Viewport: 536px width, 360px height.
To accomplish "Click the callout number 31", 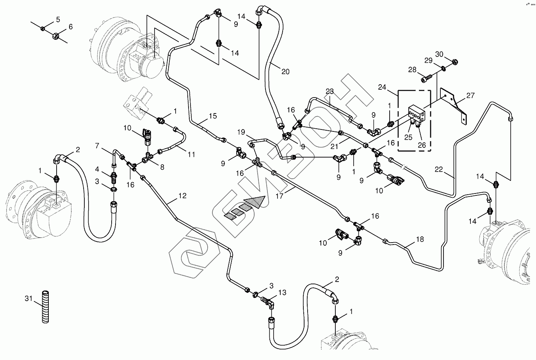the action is (x=28, y=298).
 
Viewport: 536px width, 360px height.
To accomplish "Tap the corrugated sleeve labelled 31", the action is (x=45, y=307).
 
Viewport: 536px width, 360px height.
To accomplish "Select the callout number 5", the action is (x=58, y=20).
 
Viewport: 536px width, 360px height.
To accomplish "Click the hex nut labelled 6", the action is (x=56, y=36).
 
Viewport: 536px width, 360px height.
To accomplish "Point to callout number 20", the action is (x=285, y=71).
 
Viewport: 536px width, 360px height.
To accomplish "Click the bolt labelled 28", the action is (x=426, y=78).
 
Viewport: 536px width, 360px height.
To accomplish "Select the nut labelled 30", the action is (x=455, y=62).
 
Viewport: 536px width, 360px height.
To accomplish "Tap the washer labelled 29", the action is (x=443, y=69).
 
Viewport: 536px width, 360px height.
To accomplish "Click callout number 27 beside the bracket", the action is (x=470, y=96).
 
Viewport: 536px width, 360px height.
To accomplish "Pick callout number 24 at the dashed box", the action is (x=382, y=87).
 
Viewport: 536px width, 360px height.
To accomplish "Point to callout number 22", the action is (x=439, y=170).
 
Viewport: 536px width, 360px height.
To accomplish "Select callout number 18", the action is (x=420, y=239).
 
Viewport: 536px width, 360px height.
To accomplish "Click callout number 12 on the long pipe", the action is (x=182, y=196).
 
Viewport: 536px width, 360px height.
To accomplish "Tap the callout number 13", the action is (x=282, y=293).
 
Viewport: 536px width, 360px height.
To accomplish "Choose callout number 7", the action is (x=97, y=145).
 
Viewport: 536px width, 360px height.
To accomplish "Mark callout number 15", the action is (x=213, y=116).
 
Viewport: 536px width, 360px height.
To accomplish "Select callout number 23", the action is (x=329, y=91).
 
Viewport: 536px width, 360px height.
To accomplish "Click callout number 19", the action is (x=241, y=132).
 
